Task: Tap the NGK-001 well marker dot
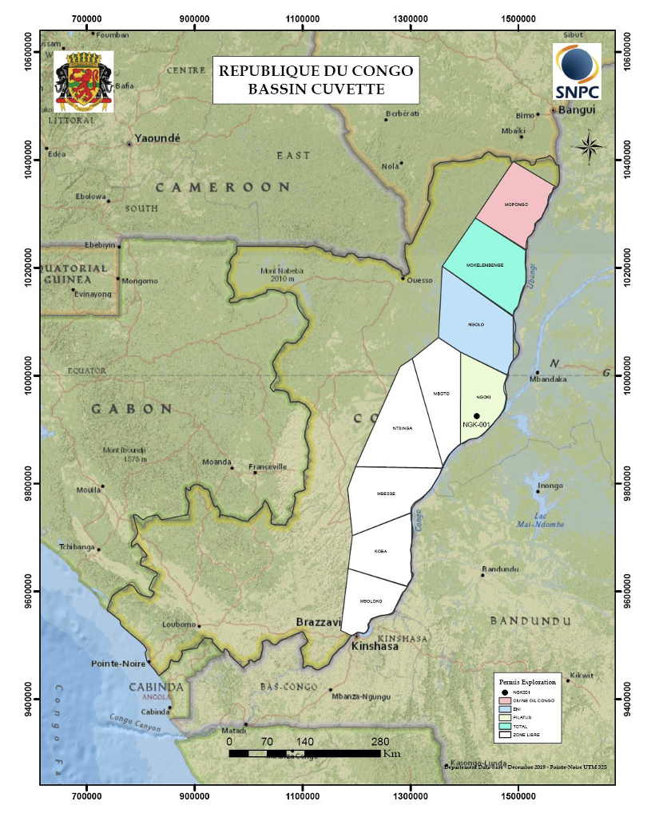[477, 416]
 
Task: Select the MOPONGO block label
[517, 204]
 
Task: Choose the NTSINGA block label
[401, 429]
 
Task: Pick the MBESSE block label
[386, 494]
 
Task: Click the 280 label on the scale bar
[380, 740]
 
